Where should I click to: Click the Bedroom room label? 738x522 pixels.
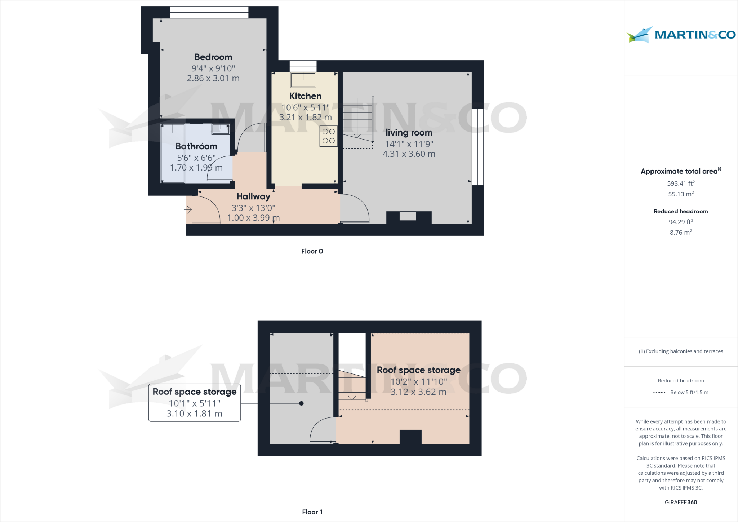coord(213,57)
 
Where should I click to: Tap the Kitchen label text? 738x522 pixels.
coord(305,96)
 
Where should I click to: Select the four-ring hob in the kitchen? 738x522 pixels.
coord(328,136)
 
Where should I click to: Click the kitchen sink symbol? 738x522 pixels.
coord(303,80)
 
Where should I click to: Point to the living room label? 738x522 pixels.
coord(409,133)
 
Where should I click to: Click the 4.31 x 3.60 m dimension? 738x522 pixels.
coord(409,154)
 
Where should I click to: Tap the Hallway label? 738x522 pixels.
coord(253,196)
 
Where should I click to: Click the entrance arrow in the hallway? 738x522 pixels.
coord(188,209)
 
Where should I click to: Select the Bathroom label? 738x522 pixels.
coord(196,146)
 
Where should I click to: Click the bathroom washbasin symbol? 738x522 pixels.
coord(220,129)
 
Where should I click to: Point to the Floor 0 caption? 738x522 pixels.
coord(312,251)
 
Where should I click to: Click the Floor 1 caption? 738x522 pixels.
coord(312,512)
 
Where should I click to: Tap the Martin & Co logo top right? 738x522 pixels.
coord(681,35)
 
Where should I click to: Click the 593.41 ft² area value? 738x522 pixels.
coord(681,183)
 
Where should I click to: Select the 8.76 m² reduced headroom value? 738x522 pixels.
coord(681,233)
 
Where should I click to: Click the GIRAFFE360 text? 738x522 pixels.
coord(681,502)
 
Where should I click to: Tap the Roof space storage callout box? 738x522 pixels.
coord(195,403)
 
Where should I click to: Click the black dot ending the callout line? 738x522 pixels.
coord(301,403)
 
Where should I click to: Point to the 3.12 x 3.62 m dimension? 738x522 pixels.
coord(418,392)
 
